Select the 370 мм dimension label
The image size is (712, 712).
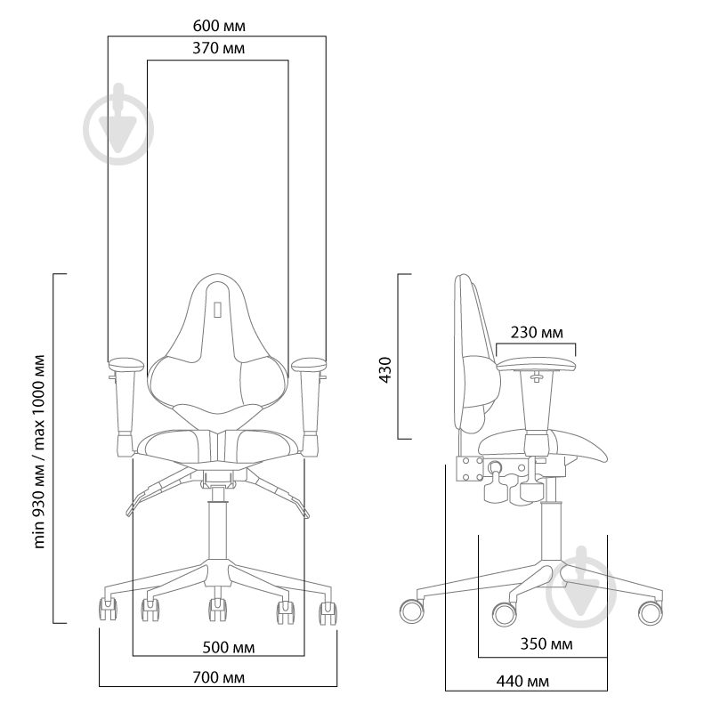tap(218, 48)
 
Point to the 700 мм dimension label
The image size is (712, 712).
tap(218, 676)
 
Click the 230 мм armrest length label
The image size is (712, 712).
tap(537, 333)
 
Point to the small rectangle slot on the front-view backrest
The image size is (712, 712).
tap(217, 310)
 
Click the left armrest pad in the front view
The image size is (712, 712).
tap(126, 364)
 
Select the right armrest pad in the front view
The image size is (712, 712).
tap(309, 364)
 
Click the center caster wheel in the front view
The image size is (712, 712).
tap(216, 611)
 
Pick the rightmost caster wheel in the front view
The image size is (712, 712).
tap(328, 611)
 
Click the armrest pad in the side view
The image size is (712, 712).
tap(538, 362)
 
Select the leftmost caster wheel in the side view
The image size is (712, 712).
tap(412, 611)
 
